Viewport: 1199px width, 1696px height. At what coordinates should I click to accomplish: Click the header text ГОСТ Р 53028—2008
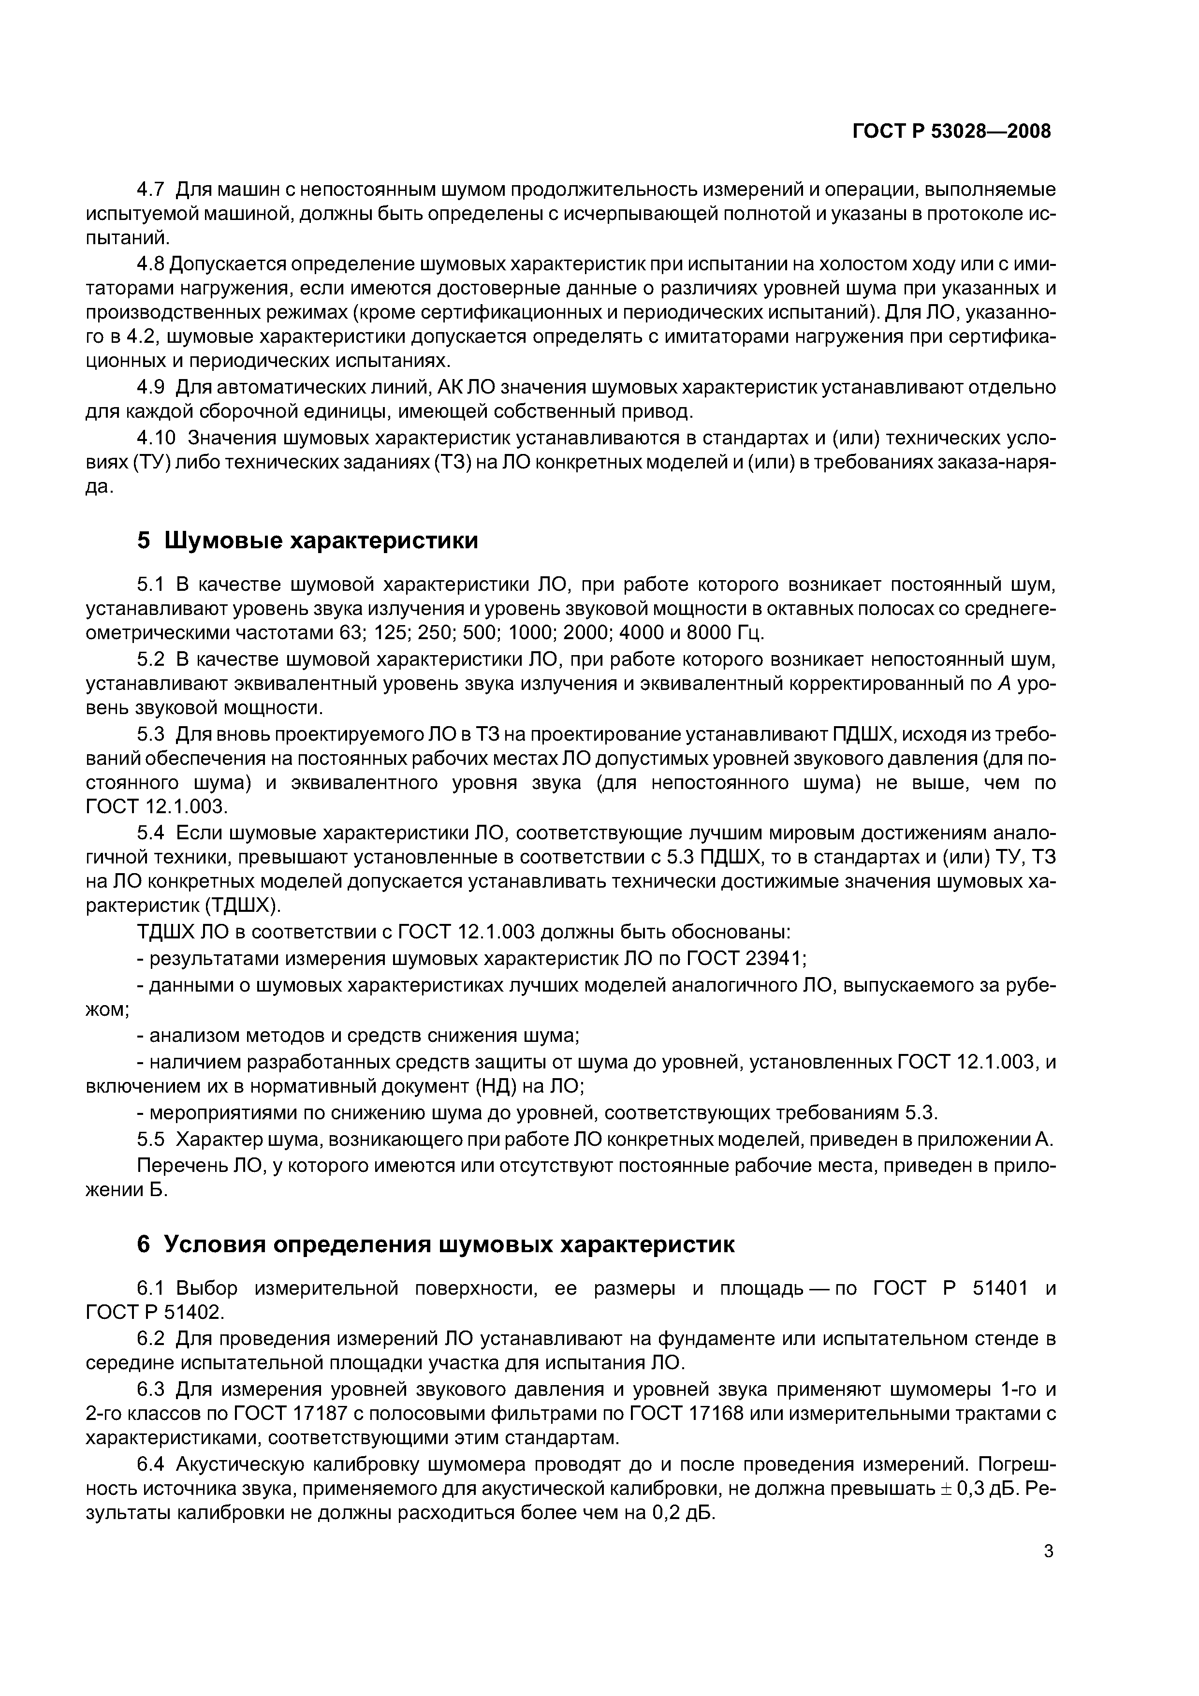click(951, 132)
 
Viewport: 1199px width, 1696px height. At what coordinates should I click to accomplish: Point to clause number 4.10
click(157, 438)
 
